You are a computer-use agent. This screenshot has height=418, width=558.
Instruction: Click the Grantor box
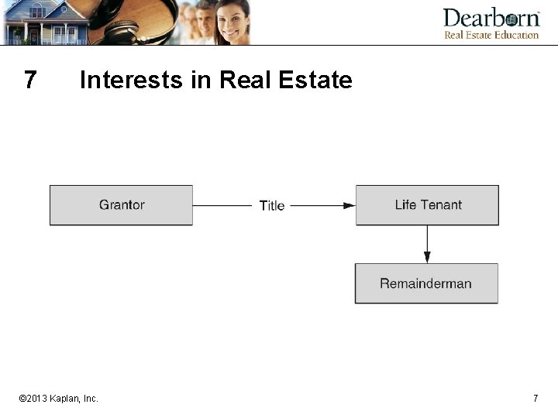pos(121,205)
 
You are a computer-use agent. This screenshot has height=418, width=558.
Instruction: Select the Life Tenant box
pos(427,205)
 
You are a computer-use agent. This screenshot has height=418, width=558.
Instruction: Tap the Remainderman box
pos(426,283)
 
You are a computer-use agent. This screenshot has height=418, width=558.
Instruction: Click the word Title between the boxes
pos(272,206)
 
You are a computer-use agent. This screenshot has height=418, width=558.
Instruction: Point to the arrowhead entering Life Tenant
pos(350,205)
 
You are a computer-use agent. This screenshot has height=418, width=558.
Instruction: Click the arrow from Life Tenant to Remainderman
pos(426,245)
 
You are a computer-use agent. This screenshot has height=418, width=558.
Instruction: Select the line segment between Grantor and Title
pos(224,205)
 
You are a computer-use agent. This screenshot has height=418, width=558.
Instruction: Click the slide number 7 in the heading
pos(30,80)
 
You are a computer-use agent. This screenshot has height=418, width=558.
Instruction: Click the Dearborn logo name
pos(491,19)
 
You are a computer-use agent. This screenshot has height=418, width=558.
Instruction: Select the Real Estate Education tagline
pos(491,35)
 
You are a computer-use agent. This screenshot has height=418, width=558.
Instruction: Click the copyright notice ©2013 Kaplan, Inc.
pos(59,398)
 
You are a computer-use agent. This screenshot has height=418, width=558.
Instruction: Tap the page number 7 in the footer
pos(536,398)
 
